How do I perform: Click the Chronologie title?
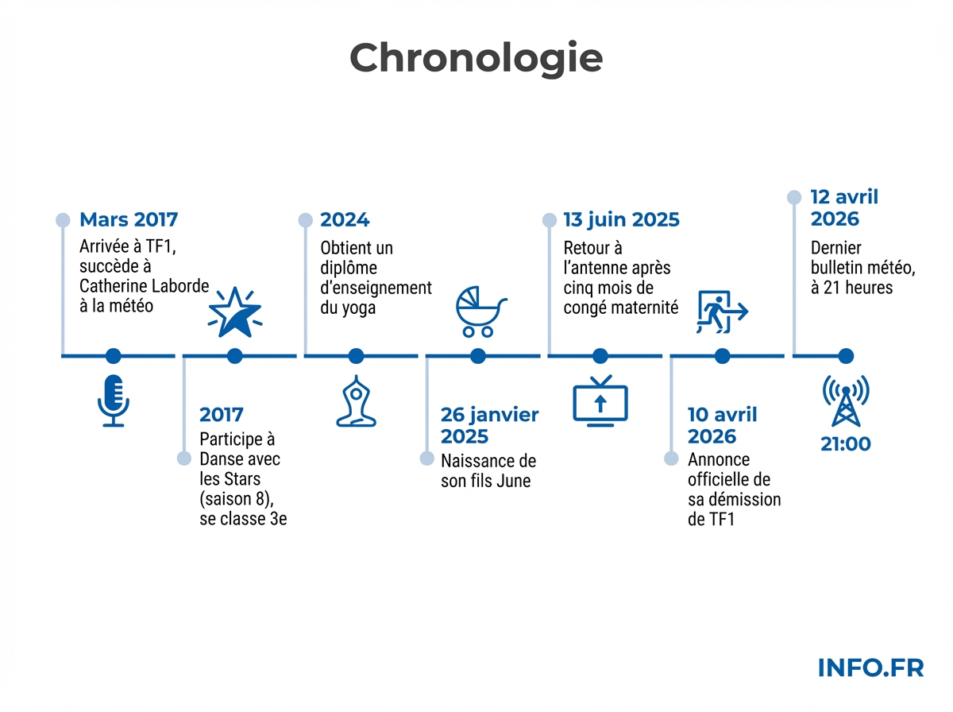click(476, 59)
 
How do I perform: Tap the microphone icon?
click(114, 400)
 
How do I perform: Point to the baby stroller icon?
click(480, 311)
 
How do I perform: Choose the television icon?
click(600, 400)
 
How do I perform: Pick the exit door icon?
click(722, 312)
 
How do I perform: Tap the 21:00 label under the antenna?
click(845, 444)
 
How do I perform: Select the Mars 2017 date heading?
click(129, 220)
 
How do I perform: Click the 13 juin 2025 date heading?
click(621, 220)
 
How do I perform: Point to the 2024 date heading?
click(345, 220)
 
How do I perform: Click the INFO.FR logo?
click(870, 668)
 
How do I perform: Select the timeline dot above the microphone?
click(114, 356)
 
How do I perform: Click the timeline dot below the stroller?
click(478, 356)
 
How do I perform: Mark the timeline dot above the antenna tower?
click(846, 356)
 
